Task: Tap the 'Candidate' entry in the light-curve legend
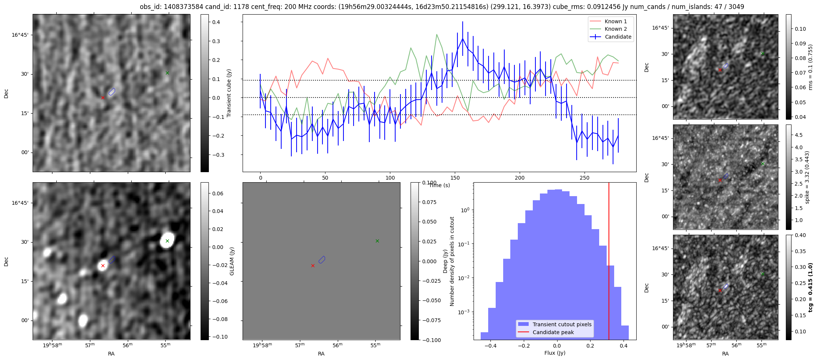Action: click(618, 37)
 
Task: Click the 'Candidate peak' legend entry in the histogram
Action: click(553, 332)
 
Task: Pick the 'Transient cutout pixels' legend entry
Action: click(562, 324)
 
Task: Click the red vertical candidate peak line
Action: click(609, 262)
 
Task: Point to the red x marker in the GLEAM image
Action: click(103, 265)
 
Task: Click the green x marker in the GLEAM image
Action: click(167, 241)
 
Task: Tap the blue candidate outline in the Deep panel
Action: click(322, 259)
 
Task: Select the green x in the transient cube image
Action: click(167, 73)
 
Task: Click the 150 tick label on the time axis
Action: click(455, 178)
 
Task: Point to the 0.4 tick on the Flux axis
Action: click(624, 346)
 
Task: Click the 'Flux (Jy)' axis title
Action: click(555, 353)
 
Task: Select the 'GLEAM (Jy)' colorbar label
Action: click(232, 261)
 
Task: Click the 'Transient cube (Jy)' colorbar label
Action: click(229, 93)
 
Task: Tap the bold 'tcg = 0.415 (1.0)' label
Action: click(810, 288)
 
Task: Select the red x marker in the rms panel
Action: click(720, 70)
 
